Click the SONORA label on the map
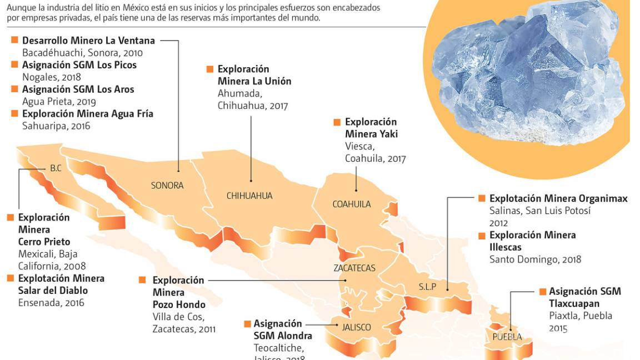click(167, 186)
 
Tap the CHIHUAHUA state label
click(249, 196)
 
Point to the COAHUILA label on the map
click(351, 204)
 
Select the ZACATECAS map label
click(354, 268)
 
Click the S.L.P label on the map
click(427, 287)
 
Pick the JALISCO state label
click(356, 327)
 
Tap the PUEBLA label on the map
click(507, 337)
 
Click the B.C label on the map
click(56, 168)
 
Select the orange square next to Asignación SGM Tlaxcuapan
click(542, 292)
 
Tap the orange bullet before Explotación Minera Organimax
click(482, 198)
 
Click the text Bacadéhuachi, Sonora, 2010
click(82, 53)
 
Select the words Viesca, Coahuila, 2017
click(375, 152)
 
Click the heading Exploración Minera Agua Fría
click(87, 113)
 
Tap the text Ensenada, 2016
click(51, 303)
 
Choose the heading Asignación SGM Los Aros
click(78, 89)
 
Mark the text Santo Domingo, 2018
click(535, 259)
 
